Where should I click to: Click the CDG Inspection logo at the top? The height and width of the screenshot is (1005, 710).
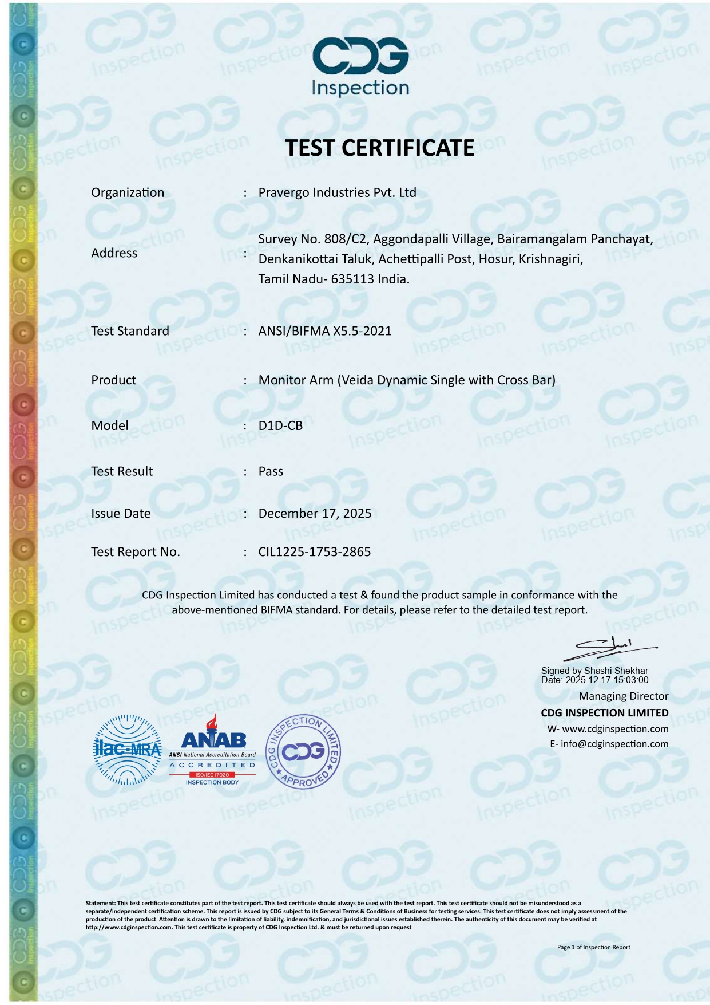coord(360,66)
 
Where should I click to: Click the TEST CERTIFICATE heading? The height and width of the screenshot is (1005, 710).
coord(379,148)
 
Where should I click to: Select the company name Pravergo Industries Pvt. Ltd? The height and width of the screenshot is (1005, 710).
coord(337,192)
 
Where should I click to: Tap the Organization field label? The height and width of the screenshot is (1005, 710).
coord(128,192)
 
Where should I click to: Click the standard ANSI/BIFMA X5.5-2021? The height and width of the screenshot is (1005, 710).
coord(325,331)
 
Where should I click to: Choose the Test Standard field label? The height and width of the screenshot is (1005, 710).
coord(130,331)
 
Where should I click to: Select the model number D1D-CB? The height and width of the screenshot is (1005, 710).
coord(280,425)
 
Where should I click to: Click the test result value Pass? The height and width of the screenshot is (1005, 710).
coord(271,471)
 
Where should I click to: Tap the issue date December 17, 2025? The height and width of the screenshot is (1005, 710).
coord(315,513)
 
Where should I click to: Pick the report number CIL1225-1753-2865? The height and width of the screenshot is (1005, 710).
coord(315,552)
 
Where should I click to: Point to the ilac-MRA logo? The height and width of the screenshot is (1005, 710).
coord(128,750)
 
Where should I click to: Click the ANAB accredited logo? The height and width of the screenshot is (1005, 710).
coord(212,750)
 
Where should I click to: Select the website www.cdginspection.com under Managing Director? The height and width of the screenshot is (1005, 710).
coord(615,729)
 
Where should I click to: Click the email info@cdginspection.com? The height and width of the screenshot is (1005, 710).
coord(615,744)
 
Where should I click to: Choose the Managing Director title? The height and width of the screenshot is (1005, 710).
coord(623,696)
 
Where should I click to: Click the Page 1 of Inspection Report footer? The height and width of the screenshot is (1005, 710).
coord(593,947)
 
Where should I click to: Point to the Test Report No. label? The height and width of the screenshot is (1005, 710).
coord(136,552)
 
